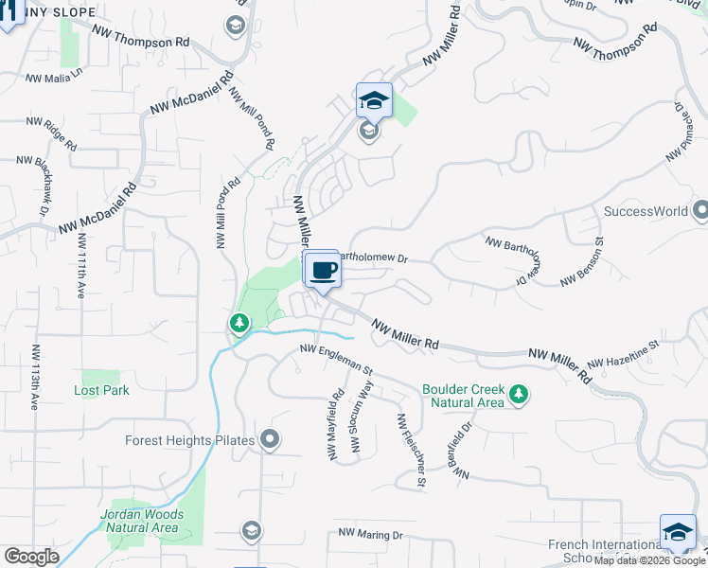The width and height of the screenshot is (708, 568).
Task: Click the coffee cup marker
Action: coord(323,270)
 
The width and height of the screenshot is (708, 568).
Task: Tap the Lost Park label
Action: coord(101,390)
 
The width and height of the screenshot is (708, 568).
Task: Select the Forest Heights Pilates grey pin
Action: coord(270,438)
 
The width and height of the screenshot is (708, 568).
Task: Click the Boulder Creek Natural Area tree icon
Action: coord(518,394)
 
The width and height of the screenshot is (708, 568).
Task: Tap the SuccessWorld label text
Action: coord(646,211)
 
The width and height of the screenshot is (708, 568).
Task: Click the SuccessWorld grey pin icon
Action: coord(699,209)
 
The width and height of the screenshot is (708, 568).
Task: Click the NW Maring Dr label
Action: coord(370,536)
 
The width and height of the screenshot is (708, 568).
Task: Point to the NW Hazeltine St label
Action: coord(622,355)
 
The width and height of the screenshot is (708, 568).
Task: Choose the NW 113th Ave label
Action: coord(35,376)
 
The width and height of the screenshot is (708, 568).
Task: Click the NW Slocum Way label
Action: coord(363,424)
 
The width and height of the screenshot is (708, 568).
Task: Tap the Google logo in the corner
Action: coord(31,557)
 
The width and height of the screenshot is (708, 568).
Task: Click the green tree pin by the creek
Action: coord(239,325)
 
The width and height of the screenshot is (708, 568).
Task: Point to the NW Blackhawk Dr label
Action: coord(43,186)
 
